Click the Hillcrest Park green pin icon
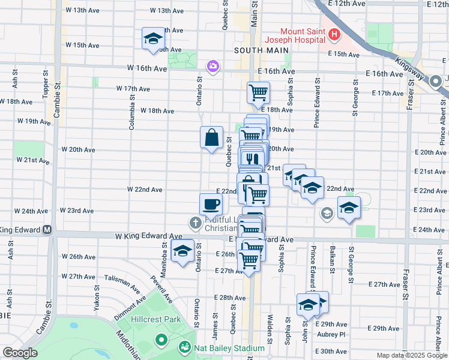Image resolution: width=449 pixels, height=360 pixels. tap(161, 340)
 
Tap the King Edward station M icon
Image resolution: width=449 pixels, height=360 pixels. tap(47, 230)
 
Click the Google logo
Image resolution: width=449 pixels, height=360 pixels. tap(19, 353)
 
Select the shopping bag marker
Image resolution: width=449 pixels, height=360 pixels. tap(212, 137)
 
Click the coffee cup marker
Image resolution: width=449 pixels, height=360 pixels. tap(211, 205)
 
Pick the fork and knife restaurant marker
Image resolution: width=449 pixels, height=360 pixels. tap(251, 159)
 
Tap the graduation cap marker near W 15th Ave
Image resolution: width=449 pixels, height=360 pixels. tap(152, 39)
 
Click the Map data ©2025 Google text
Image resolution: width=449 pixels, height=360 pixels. tap(412, 355)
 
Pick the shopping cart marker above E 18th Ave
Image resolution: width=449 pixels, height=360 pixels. tap(258, 92)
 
